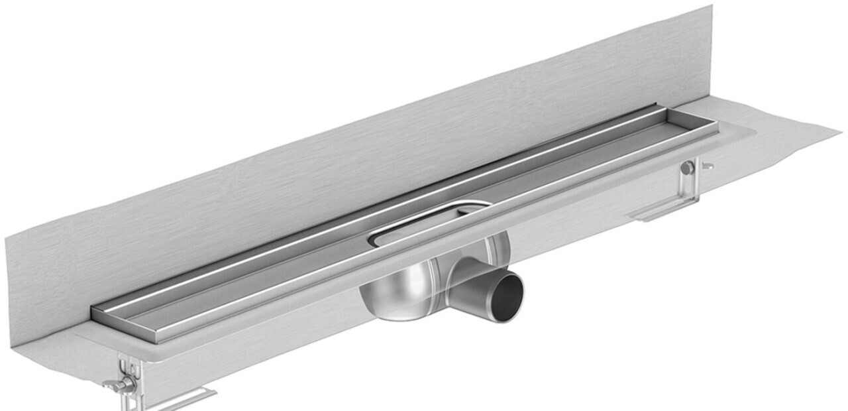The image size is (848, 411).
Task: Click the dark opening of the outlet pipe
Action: pos(509,296)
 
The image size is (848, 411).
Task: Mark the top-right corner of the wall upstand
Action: pos(712,7)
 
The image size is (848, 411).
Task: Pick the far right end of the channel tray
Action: pos(717,123)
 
